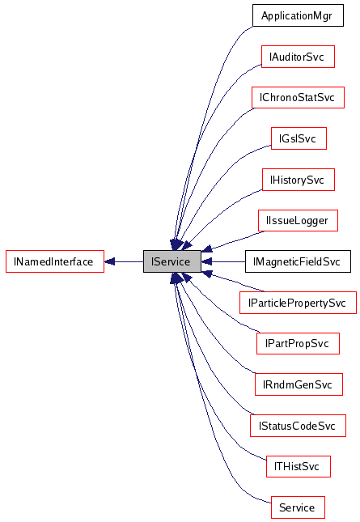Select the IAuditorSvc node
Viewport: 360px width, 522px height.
298,57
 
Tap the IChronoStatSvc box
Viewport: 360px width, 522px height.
297,97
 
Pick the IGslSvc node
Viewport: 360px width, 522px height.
298,138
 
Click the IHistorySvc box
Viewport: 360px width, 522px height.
298,180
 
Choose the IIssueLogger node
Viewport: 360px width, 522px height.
297,220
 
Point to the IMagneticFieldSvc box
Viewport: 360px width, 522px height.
297,261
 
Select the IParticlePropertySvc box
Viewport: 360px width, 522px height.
297,303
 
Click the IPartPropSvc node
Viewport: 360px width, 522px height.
297,344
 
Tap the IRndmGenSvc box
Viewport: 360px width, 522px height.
297,384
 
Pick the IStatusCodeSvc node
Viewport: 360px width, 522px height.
297,426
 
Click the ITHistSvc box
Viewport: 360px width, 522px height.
298,466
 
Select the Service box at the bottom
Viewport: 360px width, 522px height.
297,507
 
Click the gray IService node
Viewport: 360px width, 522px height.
172,261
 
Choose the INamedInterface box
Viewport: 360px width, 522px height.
54,261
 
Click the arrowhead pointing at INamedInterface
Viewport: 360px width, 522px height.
110,261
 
